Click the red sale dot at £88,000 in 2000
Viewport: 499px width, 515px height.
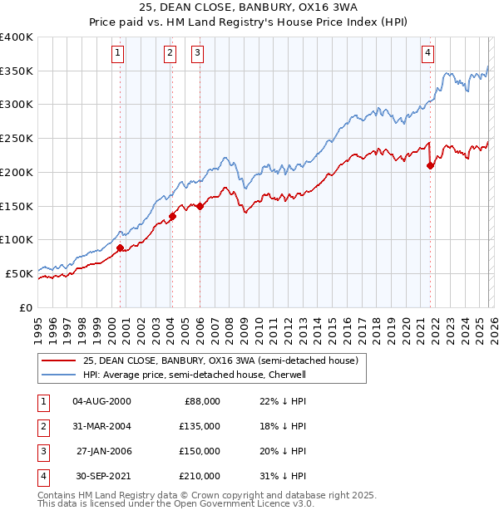(x=120, y=248)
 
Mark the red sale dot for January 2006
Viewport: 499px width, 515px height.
(x=200, y=206)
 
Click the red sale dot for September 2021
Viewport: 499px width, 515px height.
(x=431, y=165)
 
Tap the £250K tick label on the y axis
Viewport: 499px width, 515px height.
(x=17, y=139)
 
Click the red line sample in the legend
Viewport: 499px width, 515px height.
(x=58, y=361)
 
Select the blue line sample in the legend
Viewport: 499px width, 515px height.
(x=58, y=375)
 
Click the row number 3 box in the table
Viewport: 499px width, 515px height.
(x=42, y=452)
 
